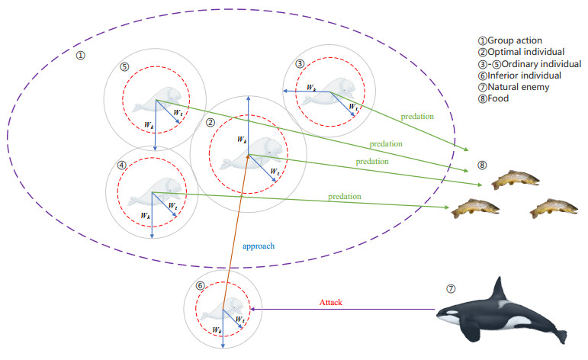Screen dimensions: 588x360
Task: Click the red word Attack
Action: click(331, 302)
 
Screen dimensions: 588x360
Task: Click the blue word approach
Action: click(259, 246)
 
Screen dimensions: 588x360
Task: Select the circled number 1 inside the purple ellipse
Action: click(81, 56)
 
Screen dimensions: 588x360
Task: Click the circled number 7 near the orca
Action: click(451, 288)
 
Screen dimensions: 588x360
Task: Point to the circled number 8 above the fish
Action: click(482, 165)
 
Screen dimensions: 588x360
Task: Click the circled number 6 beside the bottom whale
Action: click(201, 286)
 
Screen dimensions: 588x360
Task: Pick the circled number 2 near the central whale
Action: click(210, 122)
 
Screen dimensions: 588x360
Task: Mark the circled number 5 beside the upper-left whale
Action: click(124, 67)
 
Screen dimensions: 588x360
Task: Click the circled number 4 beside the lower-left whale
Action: click(122, 165)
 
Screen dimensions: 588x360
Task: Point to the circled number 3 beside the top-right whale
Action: click(300, 64)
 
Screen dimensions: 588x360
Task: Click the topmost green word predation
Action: click(417, 117)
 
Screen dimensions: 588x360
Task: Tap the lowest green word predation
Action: click(345, 197)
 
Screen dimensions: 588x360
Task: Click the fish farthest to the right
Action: click(554, 208)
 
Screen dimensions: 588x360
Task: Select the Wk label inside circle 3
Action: click(311, 88)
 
